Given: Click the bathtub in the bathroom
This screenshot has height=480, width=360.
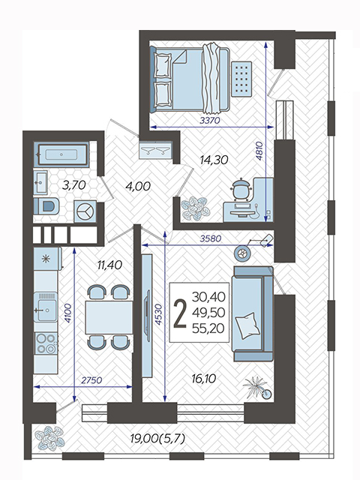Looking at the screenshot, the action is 62,154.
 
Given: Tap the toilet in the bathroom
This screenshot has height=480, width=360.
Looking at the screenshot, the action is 46,205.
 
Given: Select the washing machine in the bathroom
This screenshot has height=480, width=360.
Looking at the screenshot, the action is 85,211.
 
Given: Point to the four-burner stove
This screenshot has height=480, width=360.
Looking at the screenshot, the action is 46,343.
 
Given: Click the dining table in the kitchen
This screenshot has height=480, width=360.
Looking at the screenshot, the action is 109,317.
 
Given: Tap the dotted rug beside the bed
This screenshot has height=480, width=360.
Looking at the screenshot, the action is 241,78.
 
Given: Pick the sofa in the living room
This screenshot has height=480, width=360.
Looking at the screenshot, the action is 253,313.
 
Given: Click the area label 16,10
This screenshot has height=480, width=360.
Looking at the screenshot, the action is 204,379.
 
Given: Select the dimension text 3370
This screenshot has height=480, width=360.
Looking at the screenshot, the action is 210,121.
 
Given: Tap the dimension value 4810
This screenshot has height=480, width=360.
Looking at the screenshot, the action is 259,151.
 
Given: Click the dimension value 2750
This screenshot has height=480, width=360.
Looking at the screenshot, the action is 91,380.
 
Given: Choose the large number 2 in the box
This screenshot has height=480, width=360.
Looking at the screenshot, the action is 180,313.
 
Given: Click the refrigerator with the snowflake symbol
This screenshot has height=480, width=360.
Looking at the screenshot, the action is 47,259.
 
